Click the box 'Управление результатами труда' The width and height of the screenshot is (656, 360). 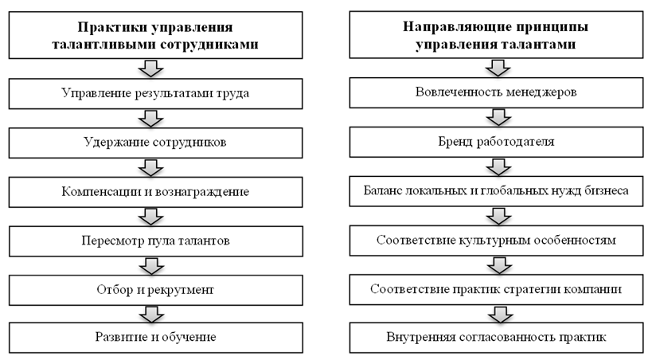coord(155,93)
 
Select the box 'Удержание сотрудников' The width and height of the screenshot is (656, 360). coord(155,143)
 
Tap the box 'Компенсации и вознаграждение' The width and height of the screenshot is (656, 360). coord(155,192)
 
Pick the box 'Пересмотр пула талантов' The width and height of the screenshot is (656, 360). coord(155,240)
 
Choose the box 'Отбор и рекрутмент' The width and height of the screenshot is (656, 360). coord(155,288)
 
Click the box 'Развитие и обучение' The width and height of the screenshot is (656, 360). coord(155,337)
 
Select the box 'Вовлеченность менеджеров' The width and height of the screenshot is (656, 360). coord(496,93)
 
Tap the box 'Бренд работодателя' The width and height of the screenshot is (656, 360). coord(496,143)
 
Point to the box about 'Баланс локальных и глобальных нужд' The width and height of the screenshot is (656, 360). coord(496,191)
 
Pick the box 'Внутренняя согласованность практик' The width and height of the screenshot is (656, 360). coord(496,337)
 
